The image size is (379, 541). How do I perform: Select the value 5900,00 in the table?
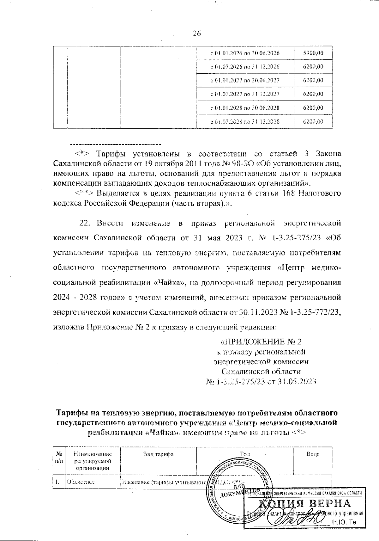click(313, 53)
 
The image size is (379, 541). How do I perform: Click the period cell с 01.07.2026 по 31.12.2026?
click(245, 67)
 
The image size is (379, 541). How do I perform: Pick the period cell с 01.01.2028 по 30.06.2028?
click(245, 108)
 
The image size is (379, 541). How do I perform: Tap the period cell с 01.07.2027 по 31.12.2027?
click(245, 94)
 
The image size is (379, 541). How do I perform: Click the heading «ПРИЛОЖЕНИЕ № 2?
click(261, 342)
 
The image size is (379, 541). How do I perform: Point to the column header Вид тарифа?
click(158, 454)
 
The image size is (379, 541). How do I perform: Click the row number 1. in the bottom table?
click(57, 482)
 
